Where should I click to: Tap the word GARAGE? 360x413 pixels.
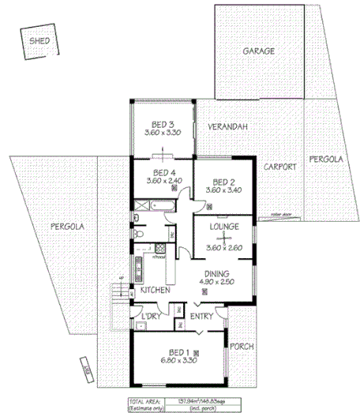(x=258, y=51)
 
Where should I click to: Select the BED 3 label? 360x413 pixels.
(x=163, y=124)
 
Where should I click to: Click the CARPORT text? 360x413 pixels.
(x=280, y=167)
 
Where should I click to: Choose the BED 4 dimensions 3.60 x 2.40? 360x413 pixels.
(x=163, y=181)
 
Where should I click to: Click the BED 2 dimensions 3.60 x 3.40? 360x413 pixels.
(x=224, y=190)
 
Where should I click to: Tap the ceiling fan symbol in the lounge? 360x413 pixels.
(x=225, y=237)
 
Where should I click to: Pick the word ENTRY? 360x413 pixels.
(x=203, y=317)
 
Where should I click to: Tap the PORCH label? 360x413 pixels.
(x=241, y=346)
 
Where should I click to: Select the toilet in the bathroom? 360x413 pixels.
(x=139, y=235)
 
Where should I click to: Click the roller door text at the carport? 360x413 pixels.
(x=279, y=213)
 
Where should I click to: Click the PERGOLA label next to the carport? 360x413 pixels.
(x=326, y=159)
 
